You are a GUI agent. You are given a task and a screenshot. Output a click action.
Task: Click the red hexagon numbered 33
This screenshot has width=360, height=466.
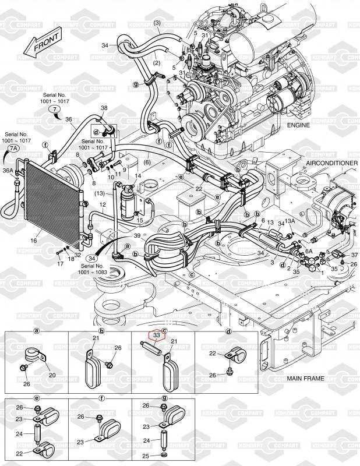tap(156, 336)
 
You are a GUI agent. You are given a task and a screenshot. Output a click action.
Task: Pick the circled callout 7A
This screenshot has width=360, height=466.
tap(13, 149)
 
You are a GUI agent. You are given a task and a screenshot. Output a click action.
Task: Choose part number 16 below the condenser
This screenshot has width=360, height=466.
tap(33, 240)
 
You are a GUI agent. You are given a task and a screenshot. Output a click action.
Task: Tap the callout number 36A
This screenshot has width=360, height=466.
tap(8, 171)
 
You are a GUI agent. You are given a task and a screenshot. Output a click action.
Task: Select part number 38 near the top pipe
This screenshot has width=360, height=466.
tap(104, 108)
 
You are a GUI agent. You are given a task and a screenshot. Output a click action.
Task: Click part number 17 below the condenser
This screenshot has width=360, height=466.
tap(59, 264)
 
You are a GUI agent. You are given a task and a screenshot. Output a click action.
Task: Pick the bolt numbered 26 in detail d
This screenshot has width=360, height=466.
tap(213, 376)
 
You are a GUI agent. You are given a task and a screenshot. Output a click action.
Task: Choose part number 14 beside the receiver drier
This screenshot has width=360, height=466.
tap(138, 176)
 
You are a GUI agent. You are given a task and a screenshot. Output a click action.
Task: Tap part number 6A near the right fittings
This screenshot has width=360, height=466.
tap(310, 251)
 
